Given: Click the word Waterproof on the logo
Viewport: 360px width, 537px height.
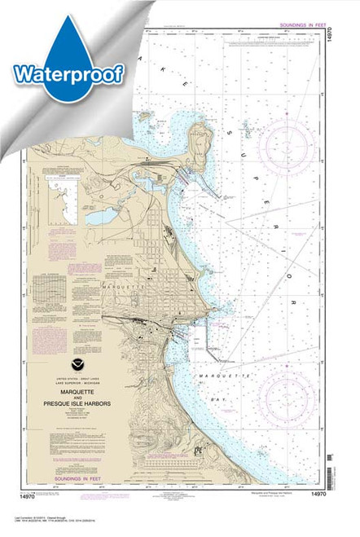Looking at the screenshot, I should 68,73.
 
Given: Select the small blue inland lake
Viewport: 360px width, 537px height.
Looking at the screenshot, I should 101,215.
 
